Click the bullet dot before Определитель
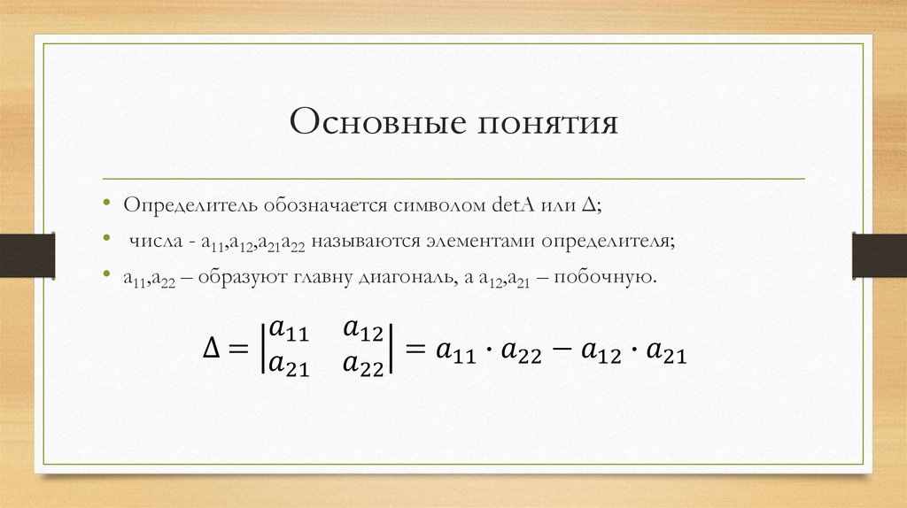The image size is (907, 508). pos(106,205)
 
